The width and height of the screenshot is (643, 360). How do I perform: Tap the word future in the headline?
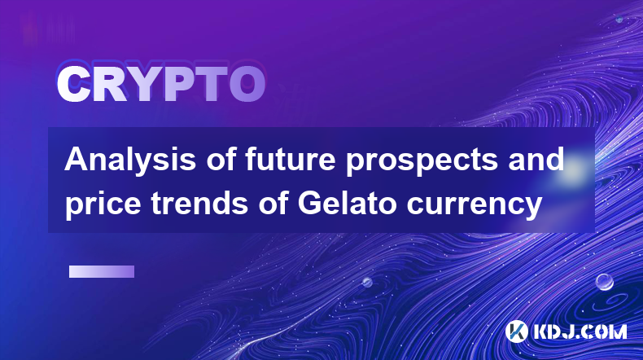pyautogui.click(x=291, y=160)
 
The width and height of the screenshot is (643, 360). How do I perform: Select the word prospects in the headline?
pyautogui.click(x=422, y=161)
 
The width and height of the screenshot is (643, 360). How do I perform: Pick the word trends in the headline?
pyautogui.click(x=199, y=203)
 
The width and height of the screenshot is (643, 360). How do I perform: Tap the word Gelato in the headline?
pyautogui.click(x=347, y=203)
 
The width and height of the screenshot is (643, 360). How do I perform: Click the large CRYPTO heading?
pyautogui.click(x=161, y=84)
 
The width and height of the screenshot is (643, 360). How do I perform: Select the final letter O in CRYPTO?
pyautogui.click(x=247, y=84)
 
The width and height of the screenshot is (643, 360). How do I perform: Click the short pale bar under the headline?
pyautogui.click(x=102, y=272)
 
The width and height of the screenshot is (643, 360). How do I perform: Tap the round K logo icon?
pyautogui.click(x=517, y=331)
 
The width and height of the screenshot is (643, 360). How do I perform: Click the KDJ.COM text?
pyautogui.click(x=580, y=331)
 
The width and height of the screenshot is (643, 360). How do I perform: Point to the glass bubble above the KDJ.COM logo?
pyautogui.click(x=605, y=282)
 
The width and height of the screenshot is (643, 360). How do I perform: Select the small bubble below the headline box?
pyautogui.click(x=367, y=283)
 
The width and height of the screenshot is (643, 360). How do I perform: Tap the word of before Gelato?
pyautogui.click(x=273, y=203)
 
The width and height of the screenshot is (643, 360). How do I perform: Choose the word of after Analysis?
pyautogui.click(x=221, y=160)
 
